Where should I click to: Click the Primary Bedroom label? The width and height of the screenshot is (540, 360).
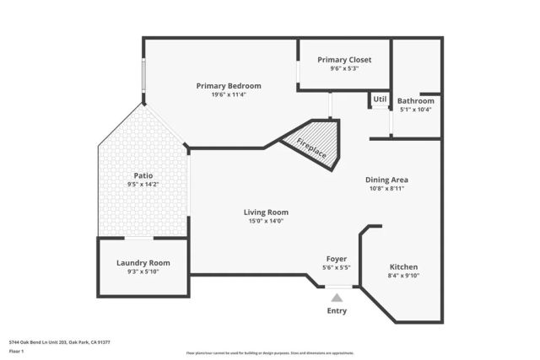click(x=229, y=85)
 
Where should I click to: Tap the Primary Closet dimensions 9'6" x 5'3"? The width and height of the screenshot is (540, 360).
click(x=344, y=68)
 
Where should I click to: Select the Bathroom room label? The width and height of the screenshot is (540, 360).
click(x=415, y=100)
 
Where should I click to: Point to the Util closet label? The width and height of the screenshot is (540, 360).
click(x=380, y=99)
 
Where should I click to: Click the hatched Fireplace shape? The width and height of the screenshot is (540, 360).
click(x=312, y=143)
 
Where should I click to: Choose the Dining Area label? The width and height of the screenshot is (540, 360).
click(x=386, y=179)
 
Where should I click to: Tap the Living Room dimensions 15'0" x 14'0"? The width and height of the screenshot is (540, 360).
click(x=266, y=221)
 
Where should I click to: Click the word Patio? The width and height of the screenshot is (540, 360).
click(x=143, y=175)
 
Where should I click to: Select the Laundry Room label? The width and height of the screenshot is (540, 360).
click(x=143, y=262)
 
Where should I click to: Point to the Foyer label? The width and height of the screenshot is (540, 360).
click(x=337, y=258)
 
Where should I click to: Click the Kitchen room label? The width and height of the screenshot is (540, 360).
click(x=403, y=266)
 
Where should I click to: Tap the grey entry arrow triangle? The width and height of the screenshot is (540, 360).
click(x=337, y=297)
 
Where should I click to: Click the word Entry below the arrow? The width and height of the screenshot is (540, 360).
click(x=337, y=311)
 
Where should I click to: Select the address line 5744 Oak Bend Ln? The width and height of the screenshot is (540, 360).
click(x=60, y=342)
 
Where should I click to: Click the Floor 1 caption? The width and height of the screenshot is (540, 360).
click(x=17, y=351)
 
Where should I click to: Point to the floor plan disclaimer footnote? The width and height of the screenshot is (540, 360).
click(x=270, y=353)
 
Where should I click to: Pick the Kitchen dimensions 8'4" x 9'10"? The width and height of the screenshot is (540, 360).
click(x=403, y=275)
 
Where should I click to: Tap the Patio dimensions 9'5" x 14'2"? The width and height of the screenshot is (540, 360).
click(x=143, y=184)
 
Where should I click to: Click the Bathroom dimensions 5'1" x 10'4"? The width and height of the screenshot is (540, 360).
click(x=415, y=109)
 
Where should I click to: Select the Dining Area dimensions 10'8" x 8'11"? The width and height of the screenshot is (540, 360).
click(x=386, y=188)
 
